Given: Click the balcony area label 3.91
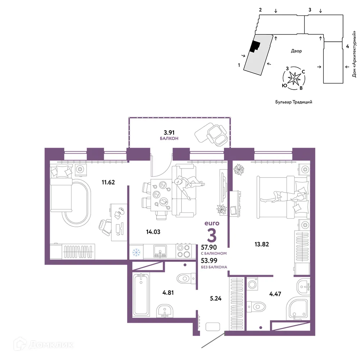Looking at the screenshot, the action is pos(169,132).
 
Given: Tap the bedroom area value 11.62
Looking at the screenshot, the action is pos(108,182).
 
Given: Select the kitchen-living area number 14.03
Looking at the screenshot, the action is pos(153,232).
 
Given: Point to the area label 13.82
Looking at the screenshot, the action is pos(262,244).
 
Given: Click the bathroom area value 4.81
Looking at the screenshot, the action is pos(168,293).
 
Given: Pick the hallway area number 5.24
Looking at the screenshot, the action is pos(216,298).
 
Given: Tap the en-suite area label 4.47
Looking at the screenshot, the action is pos(275,294).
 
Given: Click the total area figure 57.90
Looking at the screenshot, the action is pos(209,247).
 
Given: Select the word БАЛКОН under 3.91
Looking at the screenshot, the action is pos(169,139).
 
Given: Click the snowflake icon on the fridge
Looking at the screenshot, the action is pos(136,253).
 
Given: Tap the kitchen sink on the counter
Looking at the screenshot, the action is pos(160,252).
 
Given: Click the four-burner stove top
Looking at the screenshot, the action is pos(184,251).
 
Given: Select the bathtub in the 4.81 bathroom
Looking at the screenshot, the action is pos(141,295).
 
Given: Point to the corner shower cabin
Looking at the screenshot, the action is pos(298,309).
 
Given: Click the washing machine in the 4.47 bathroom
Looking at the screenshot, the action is pos(252,284).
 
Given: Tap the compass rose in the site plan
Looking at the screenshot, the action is pos(294,78).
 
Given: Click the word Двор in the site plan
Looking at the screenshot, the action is pos(296,51).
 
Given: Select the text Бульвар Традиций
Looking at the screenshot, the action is pos(294,102).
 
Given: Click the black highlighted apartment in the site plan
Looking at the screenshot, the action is pos(255,46).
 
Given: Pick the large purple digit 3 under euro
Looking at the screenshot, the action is pos(212,235).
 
